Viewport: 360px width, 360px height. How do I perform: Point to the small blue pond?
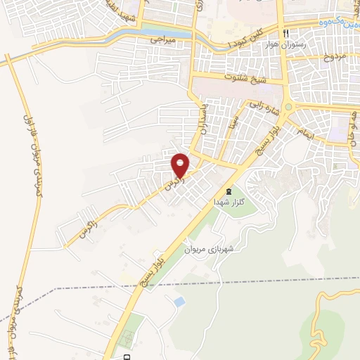[179, 302]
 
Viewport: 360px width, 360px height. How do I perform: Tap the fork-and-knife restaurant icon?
[285, 33]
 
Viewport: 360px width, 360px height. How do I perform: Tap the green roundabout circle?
[288, 107]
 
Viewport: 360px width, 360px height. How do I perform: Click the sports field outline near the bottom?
[127, 340]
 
